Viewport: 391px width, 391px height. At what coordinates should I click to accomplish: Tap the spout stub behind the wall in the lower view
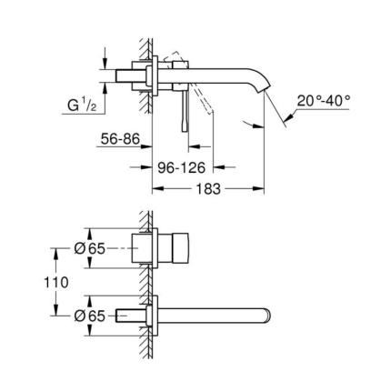tap(136, 316)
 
